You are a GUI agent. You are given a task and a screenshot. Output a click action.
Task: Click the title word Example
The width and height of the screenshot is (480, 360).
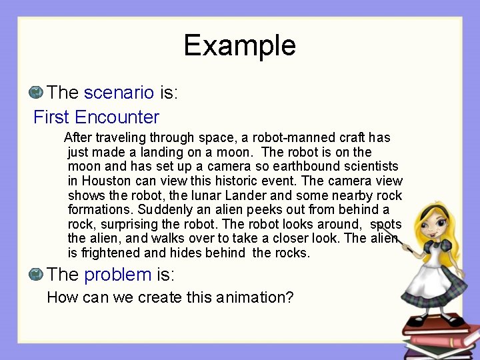click(x=239, y=45)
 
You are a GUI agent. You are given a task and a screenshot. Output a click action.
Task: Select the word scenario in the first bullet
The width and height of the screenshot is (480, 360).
click(x=119, y=93)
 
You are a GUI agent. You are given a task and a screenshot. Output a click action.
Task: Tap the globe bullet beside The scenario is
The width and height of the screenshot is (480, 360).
click(x=37, y=91)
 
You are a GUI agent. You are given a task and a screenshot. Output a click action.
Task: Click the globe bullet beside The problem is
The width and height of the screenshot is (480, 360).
click(x=37, y=273)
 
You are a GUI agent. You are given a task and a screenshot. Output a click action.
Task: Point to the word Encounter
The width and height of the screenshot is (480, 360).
click(x=117, y=118)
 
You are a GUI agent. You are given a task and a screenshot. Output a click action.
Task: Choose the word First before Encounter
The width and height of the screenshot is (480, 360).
click(x=52, y=118)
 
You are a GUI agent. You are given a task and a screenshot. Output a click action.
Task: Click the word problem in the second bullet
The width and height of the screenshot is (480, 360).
click(x=118, y=274)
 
